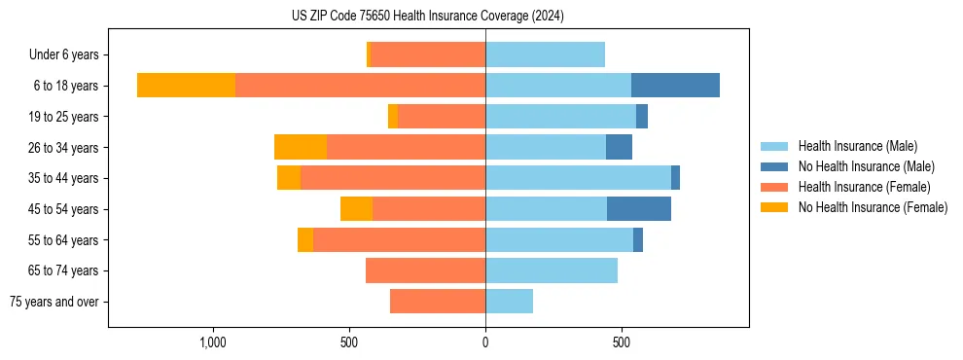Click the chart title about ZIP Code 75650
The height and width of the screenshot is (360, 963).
[x=427, y=17]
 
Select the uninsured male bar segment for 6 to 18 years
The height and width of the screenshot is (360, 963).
[x=675, y=86]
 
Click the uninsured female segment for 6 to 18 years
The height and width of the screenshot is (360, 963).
[x=186, y=86]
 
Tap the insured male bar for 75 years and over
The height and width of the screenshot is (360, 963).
[x=509, y=302]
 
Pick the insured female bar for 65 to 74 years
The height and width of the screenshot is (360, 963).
[x=425, y=270]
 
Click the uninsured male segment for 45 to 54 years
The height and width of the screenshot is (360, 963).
[x=639, y=209]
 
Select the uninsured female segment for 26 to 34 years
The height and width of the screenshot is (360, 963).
[x=301, y=147]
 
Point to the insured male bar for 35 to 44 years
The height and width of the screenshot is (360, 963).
[x=578, y=178]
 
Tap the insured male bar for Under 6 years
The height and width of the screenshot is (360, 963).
[x=545, y=54]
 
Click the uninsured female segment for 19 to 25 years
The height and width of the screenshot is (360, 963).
[x=393, y=117]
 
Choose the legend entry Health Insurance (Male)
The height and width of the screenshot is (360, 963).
[x=857, y=146]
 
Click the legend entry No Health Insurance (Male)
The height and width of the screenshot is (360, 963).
[x=866, y=166]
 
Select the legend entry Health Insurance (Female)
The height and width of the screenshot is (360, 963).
[x=864, y=187]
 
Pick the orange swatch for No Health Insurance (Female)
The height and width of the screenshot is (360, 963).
[x=774, y=207]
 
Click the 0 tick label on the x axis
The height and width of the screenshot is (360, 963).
[x=485, y=342]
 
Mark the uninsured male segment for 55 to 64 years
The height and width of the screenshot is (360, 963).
[x=638, y=240]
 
